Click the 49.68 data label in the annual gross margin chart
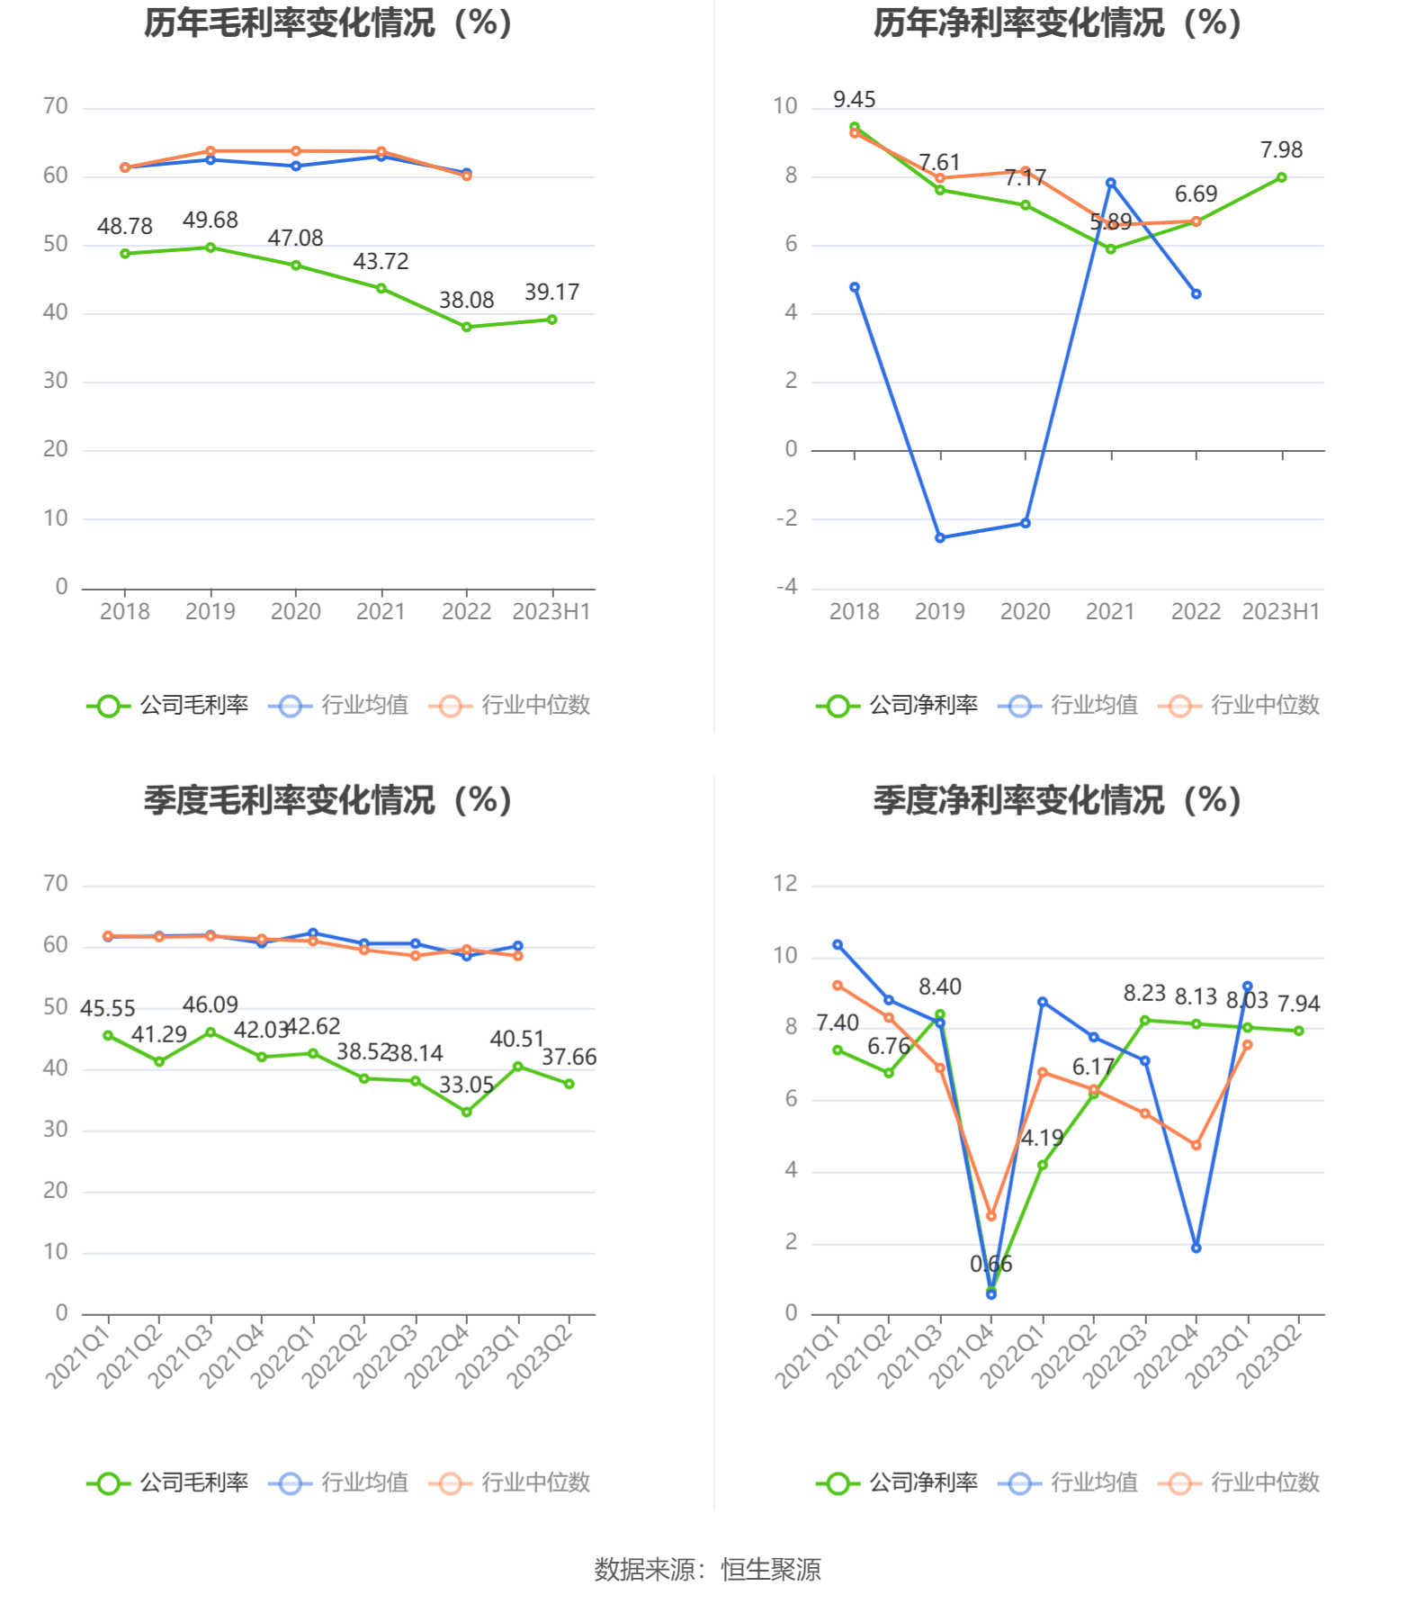[x=210, y=221]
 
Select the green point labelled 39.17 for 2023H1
[x=551, y=320]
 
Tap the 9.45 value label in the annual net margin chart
[x=854, y=100]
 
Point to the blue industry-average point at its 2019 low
[x=940, y=538]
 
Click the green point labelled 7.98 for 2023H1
[x=1281, y=177]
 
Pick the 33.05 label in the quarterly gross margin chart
[x=466, y=1086]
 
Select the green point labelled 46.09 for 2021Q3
[x=211, y=1032]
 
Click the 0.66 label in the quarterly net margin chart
[x=990, y=1265]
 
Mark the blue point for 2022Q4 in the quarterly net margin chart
[x=1196, y=1248]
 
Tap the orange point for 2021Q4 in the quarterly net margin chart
[x=991, y=1216]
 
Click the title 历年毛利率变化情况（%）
[x=328, y=23]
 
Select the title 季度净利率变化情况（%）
[x=1058, y=801]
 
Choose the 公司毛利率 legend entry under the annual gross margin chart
[x=168, y=706]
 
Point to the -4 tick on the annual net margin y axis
[x=787, y=588]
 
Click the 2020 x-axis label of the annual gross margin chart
[x=295, y=612]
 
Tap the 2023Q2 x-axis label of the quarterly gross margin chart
[x=541, y=1356]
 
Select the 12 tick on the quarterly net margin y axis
[x=785, y=884]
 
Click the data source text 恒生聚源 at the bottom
[x=770, y=1570]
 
